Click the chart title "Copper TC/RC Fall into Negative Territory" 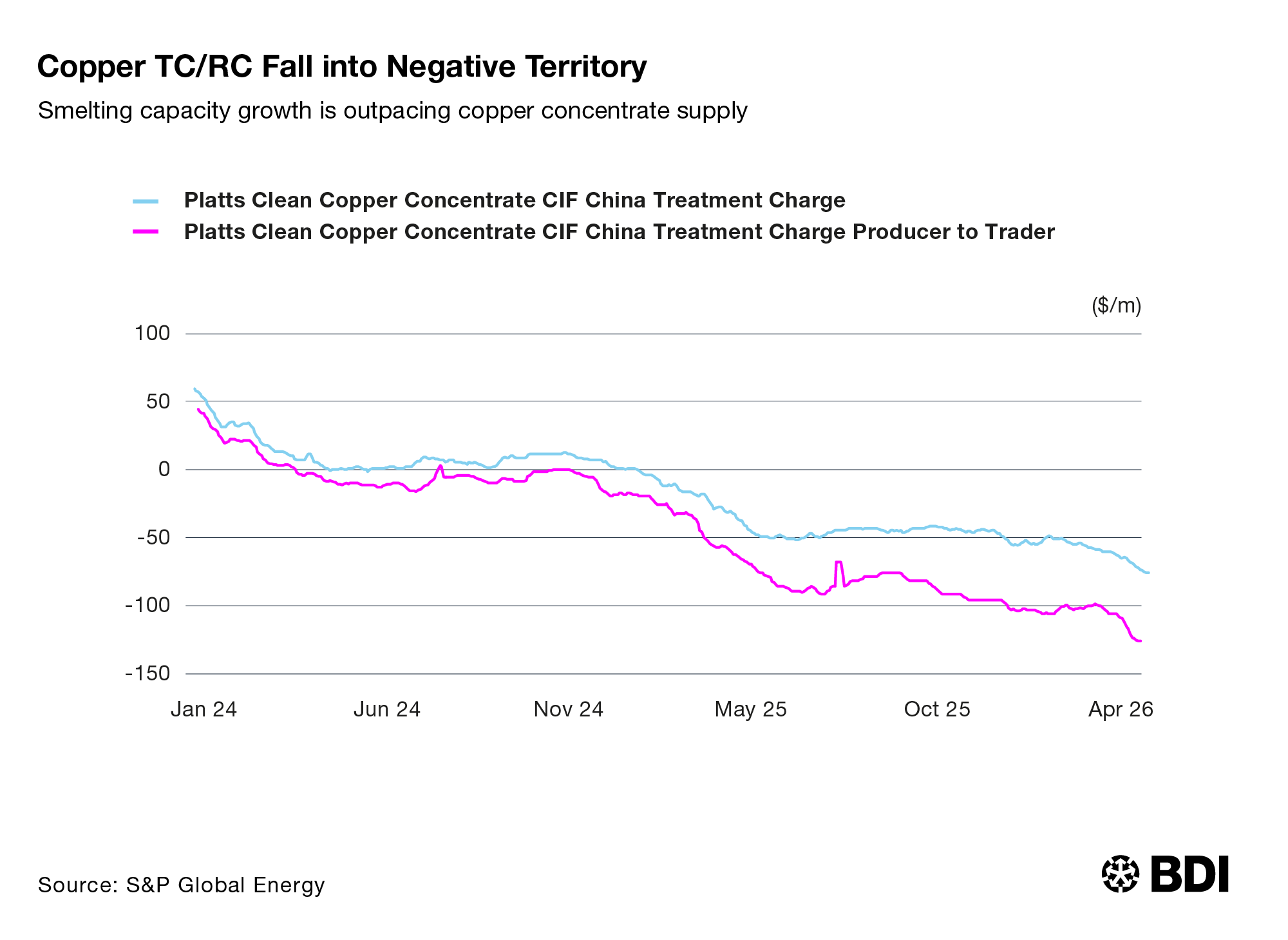342,67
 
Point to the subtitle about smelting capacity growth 393,111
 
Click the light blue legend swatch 146,201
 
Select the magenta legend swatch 146,232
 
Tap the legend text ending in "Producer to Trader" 620,232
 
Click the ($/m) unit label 1116,305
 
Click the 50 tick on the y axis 158,401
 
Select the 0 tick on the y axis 164,469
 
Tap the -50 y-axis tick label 153,537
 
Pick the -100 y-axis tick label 147,605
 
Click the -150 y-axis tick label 147,673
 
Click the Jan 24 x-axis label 204,709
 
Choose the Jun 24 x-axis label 387,709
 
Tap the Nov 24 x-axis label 569,709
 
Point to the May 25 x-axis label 751,709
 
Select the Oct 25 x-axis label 937,709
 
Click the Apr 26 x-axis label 1121,709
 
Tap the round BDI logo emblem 1121,874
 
